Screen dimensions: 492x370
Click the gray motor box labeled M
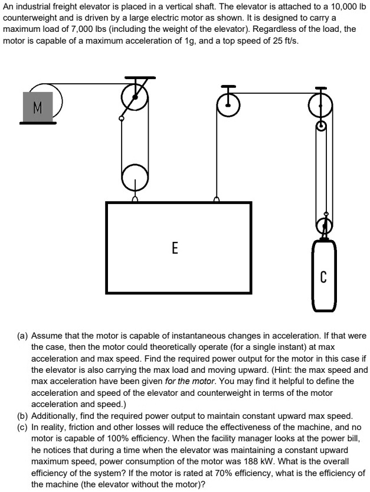38,107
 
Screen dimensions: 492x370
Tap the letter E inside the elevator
175,247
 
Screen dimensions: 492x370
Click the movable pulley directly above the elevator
135,175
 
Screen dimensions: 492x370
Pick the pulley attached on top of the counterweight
322,225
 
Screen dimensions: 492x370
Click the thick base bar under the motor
38,123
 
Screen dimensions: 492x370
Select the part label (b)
22,415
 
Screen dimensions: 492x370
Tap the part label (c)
22,427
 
